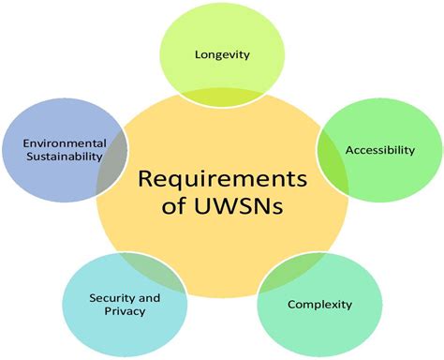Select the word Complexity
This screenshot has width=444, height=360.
[319, 304]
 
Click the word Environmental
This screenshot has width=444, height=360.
[53, 142]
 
